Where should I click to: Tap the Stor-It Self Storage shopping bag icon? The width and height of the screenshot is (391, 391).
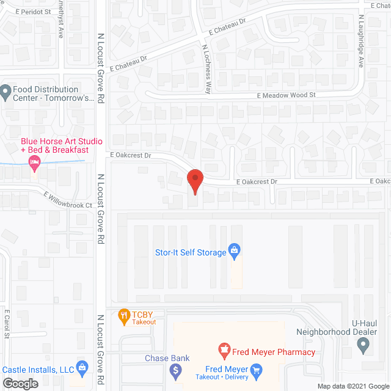tap(233, 250)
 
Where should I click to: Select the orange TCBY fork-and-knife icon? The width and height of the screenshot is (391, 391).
tap(123, 315)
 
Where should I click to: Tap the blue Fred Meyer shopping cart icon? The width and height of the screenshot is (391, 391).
tap(257, 370)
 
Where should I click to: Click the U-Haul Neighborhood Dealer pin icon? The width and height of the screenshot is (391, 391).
tap(364, 346)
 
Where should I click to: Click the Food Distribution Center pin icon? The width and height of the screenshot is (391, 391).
tap(6, 93)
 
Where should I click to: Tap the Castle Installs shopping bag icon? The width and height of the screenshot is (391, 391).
tap(83, 368)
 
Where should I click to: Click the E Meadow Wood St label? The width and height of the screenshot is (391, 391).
tap(286, 95)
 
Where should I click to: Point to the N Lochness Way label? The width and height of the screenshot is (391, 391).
tap(207, 68)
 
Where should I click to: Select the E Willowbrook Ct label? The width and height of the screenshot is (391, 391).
tap(67, 200)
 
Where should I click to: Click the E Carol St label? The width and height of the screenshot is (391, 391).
tap(7, 324)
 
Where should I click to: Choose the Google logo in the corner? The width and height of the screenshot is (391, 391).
tap(20, 384)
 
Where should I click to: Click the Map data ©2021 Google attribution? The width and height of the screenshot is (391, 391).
tap(352, 386)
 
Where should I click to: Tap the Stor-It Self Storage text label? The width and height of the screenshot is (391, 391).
tap(190, 252)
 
